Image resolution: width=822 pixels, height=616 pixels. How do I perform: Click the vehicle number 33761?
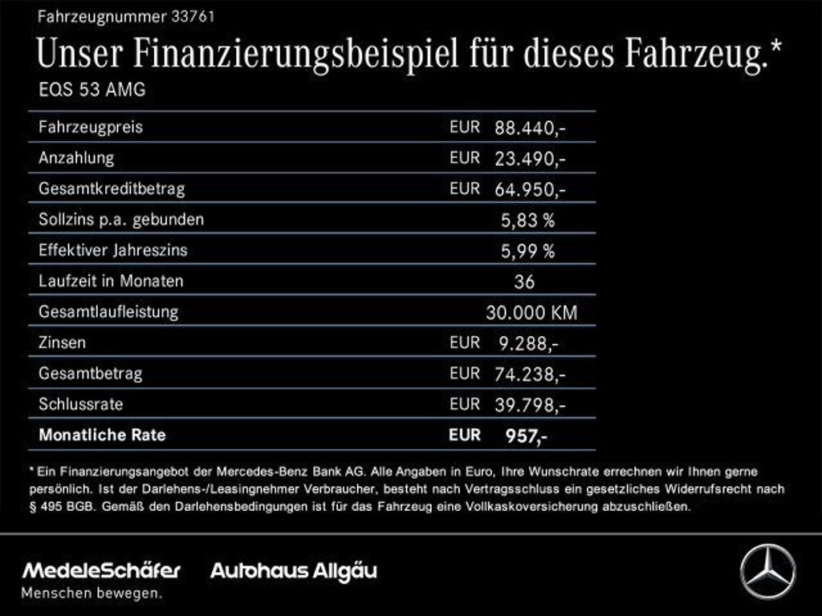tap(193, 15)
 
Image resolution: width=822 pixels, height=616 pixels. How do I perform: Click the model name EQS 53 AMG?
tap(92, 90)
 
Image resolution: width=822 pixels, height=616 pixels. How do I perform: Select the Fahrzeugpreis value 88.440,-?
tap(530, 128)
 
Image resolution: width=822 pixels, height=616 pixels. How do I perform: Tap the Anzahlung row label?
tap(76, 158)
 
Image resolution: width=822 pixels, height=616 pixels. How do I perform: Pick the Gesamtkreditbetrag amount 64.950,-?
tap(530, 189)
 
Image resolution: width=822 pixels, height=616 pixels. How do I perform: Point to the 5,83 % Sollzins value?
tap(527, 220)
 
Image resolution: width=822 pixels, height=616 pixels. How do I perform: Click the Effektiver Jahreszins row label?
tap(112, 250)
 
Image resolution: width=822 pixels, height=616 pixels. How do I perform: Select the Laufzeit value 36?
tap(524, 282)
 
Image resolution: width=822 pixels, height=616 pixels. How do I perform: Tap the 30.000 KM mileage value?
tap(531, 312)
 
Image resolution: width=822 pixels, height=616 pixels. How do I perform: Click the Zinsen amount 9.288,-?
tap(527, 343)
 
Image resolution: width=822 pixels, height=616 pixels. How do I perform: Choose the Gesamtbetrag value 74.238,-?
tap(530, 374)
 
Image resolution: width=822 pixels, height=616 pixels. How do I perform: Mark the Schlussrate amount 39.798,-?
tap(530, 404)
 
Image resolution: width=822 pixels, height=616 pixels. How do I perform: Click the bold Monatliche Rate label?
tap(102, 435)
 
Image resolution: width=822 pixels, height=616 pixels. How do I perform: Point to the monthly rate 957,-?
tap(527, 436)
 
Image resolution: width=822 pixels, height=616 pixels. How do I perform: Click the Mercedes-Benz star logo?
tap(767, 571)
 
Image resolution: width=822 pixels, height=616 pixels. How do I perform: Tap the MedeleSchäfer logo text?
tap(101, 571)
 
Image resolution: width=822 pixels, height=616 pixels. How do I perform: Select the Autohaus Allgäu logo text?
tap(293, 571)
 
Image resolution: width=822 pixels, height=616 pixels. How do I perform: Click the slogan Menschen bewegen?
tap(91, 594)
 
